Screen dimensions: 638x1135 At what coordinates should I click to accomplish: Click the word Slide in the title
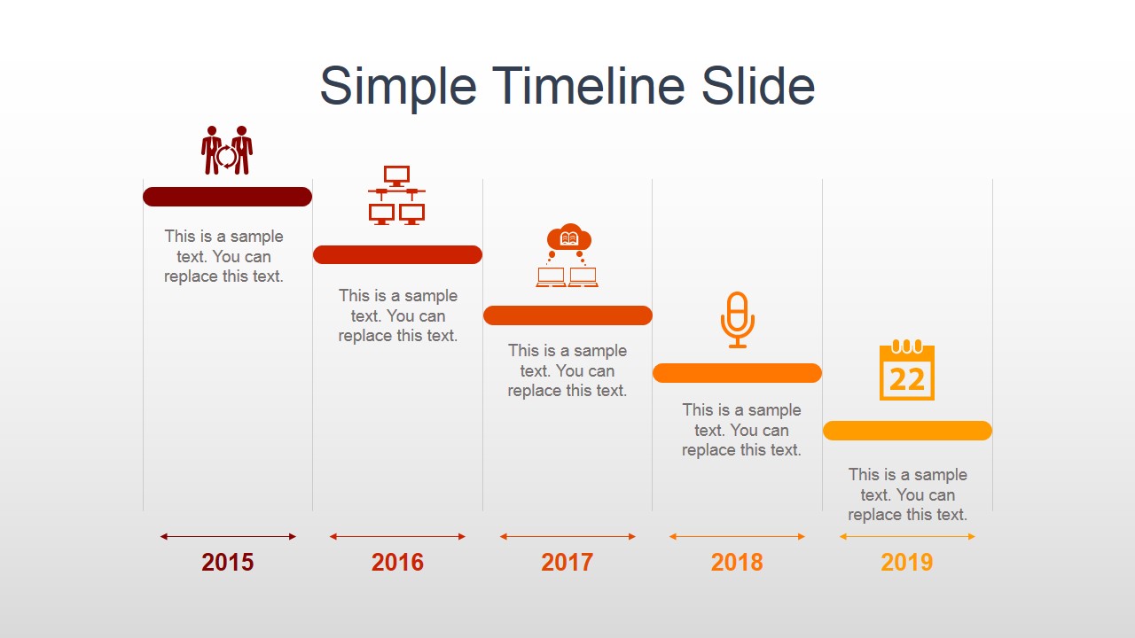[x=758, y=87]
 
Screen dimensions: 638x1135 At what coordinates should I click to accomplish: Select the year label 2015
[x=228, y=562]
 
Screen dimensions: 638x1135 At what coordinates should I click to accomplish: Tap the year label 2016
[x=397, y=562]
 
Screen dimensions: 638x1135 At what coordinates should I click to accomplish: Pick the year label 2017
[x=567, y=562]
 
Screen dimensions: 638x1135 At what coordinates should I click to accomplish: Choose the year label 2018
[x=737, y=562]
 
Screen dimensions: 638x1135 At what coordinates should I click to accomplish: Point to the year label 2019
[x=907, y=562]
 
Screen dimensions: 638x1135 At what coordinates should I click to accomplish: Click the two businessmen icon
[x=227, y=151]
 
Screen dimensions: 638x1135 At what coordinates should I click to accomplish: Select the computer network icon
[x=396, y=195]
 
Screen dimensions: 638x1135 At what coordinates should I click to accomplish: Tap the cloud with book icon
[x=567, y=255]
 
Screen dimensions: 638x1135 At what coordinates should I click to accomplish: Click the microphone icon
[x=737, y=319]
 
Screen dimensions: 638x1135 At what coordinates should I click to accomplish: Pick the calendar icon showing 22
[x=907, y=372]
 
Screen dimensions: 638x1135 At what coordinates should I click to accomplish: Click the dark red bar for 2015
[x=227, y=197]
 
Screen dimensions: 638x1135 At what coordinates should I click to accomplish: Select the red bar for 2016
[x=397, y=254]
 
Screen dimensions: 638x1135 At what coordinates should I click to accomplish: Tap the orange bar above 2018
[x=737, y=373]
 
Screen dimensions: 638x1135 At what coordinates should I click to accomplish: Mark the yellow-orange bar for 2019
[x=907, y=431]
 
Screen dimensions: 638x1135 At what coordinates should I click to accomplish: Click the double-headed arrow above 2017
[x=567, y=536]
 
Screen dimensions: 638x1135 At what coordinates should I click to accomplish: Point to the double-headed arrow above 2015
[x=228, y=536]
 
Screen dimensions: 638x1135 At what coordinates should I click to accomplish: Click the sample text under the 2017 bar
[x=567, y=370]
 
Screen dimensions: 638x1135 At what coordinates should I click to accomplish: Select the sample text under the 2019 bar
[x=907, y=494]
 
